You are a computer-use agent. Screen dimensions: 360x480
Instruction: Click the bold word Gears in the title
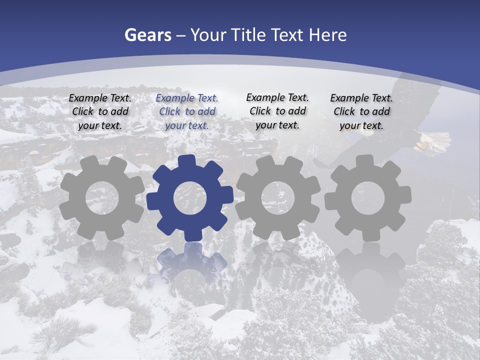(148, 35)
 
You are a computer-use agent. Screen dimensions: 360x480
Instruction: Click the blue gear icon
(190, 197)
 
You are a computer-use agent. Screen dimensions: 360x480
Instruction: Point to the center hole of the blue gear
(190, 198)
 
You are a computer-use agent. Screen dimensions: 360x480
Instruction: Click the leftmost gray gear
(102, 197)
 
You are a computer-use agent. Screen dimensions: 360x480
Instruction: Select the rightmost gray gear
(368, 197)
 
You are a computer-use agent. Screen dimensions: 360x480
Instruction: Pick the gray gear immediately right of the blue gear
(278, 197)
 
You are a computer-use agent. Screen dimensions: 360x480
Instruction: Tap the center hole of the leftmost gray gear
(102, 198)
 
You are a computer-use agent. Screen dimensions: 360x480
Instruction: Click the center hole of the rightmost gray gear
(368, 198)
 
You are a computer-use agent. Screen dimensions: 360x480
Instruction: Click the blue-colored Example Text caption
(187, 111)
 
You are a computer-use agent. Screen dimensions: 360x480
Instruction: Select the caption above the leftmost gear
(100, 111)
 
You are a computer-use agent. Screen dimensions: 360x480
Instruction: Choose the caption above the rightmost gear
(361, 111)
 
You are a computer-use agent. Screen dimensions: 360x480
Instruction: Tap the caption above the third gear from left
(277, 111)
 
